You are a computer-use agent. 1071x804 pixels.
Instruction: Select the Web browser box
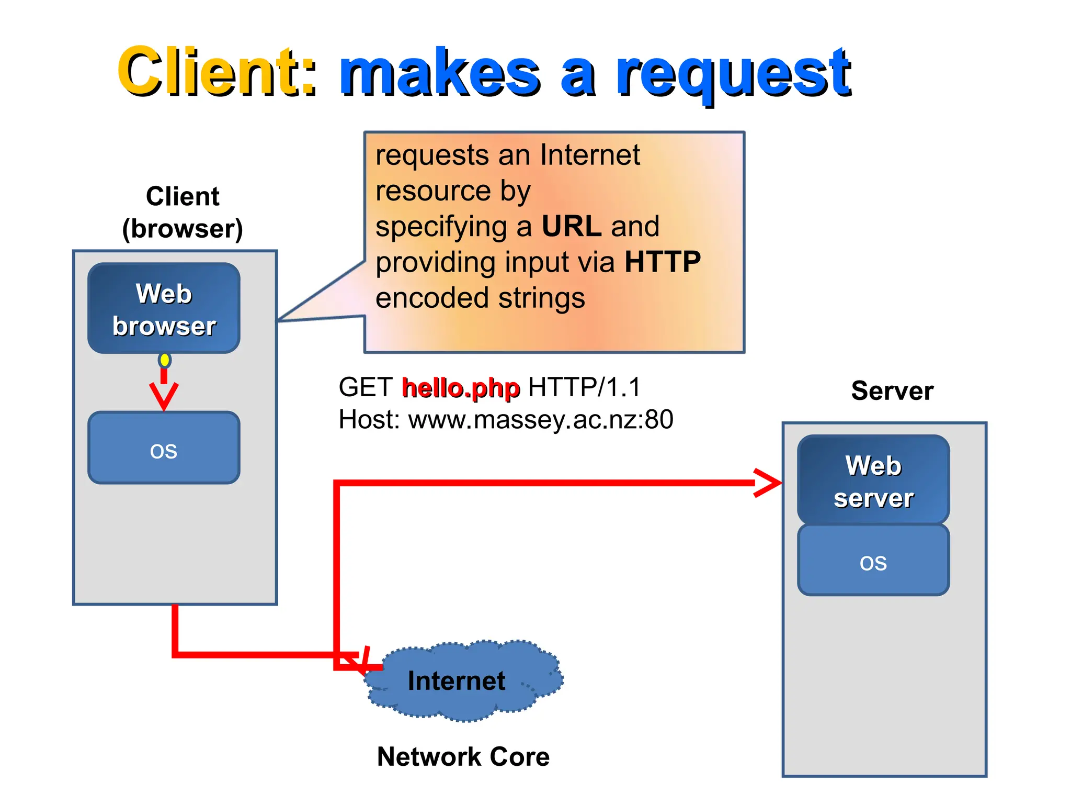point(164,308)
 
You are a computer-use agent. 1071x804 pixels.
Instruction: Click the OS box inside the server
point(873,561)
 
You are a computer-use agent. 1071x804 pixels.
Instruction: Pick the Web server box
point(873,480)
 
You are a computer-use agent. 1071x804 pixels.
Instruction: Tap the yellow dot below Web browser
point(165,360)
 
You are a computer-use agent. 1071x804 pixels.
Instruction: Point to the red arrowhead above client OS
point(164,396)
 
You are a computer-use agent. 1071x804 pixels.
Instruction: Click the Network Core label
point(463,756)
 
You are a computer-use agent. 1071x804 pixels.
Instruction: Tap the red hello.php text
point(461,388)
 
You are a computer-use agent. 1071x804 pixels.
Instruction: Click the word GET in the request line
point(365,388)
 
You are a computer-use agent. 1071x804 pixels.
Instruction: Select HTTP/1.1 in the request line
point(584,388)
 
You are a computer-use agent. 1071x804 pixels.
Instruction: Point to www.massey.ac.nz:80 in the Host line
point(540,420)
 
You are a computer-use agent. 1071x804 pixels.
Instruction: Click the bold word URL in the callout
point(571,226)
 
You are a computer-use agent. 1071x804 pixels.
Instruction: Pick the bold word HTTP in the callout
point(662,262)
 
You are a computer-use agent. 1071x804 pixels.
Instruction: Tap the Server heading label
point(892,390)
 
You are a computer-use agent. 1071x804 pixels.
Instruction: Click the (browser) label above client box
point(183,229)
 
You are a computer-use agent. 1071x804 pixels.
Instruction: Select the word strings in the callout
point(541,298)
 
